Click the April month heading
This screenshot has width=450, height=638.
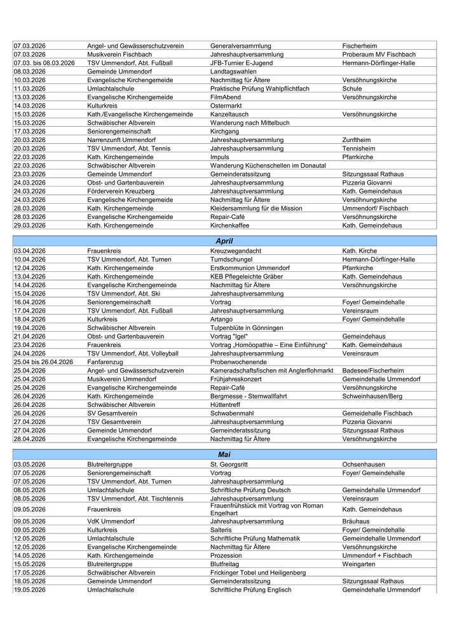tap(224, 242)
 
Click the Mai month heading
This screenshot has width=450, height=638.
tap(224, 455)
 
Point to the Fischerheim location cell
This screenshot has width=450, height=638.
tap(360, 46)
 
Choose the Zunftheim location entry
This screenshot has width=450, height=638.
tap(357, 140)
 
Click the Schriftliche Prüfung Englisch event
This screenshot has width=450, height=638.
tap(250, 590)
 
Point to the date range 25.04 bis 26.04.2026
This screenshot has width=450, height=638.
tap(43, 362)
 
